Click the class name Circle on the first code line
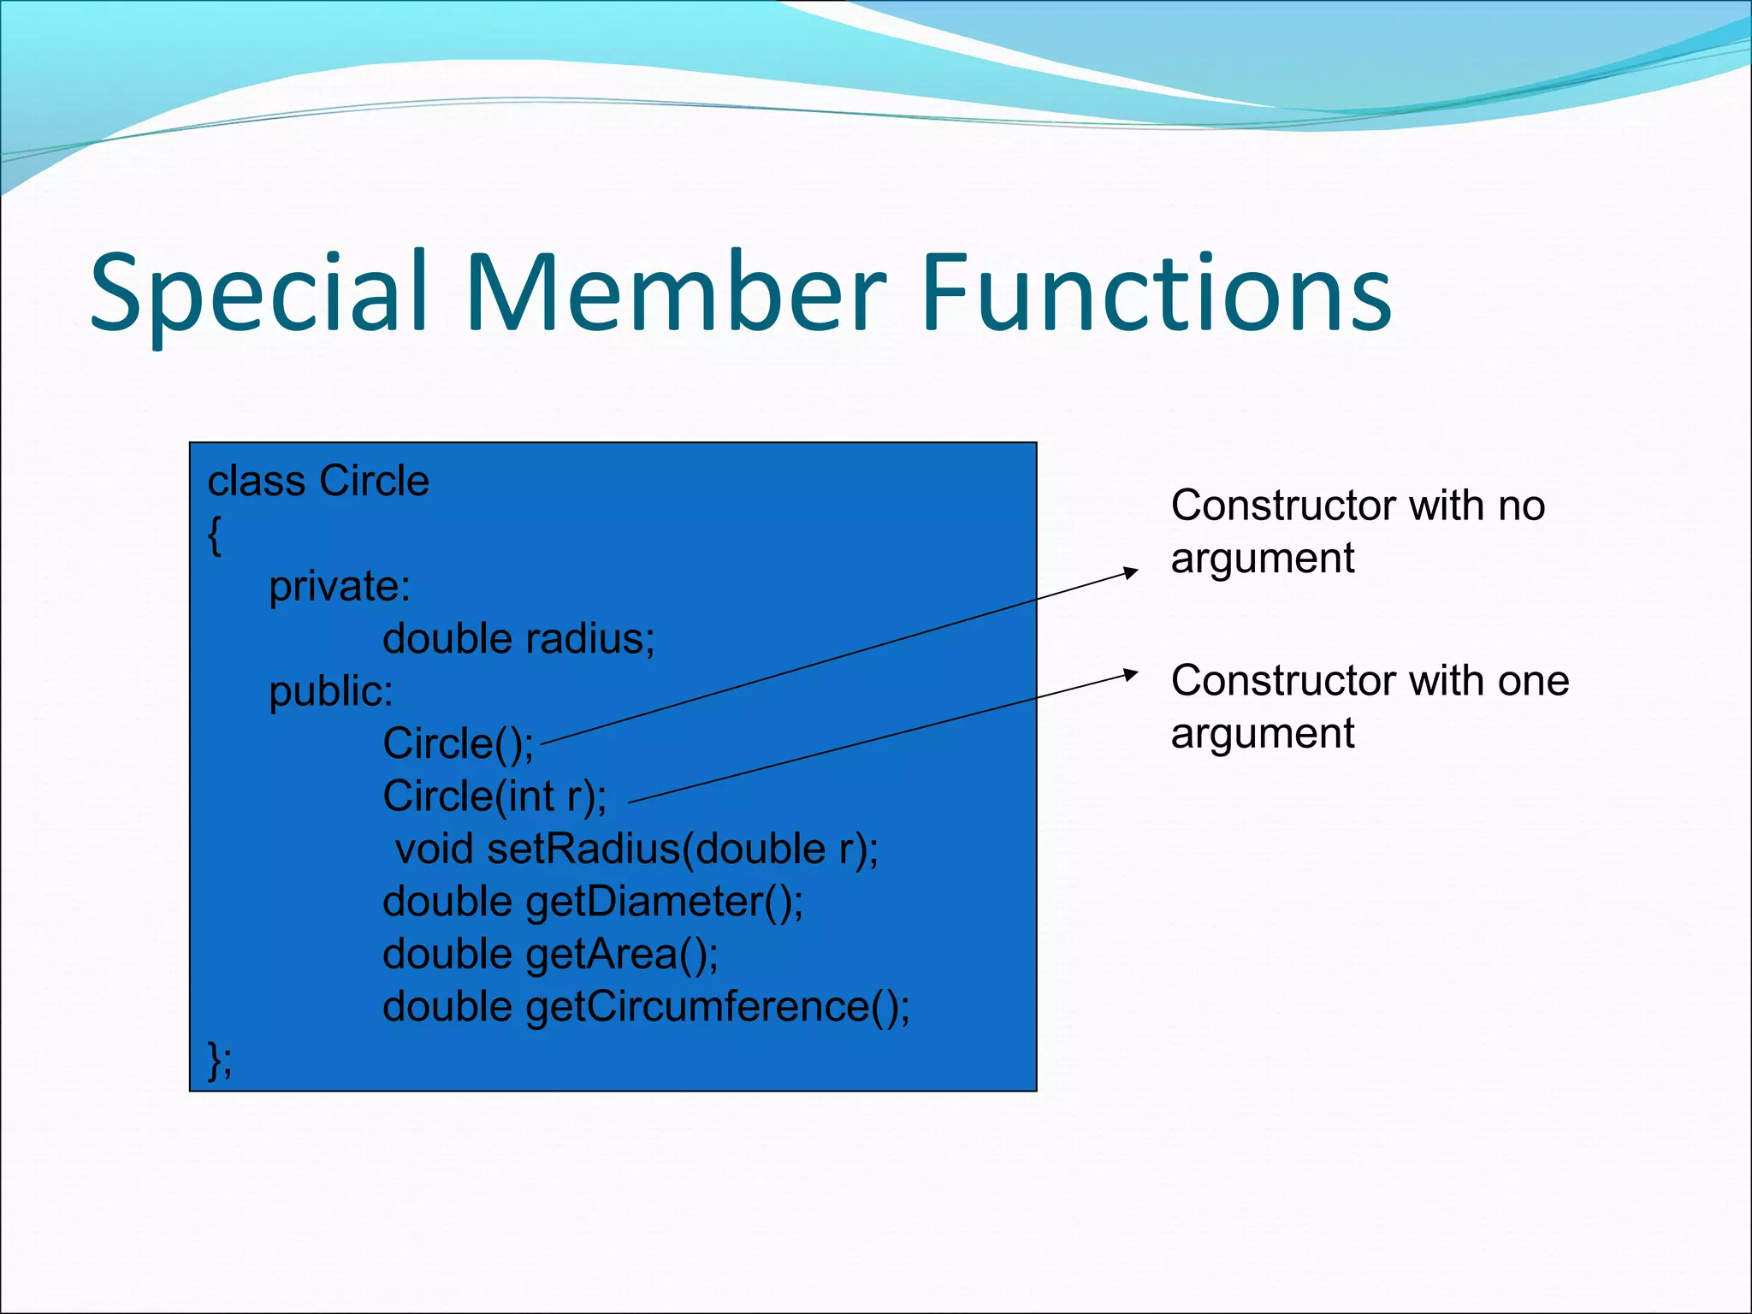click(373, 481)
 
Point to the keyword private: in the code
click(340, 587)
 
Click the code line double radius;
click(518, 639)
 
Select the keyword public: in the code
click(331, 691)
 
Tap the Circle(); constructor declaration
click(458, 744)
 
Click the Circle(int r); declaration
click(494, 796)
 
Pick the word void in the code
click(435, 849)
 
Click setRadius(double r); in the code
click(683, 849)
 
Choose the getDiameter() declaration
click(664, 902)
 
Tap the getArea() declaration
click(622, 955)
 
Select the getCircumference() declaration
click(717, 1007)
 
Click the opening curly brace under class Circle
click(215, 536)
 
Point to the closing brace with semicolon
click(220, 1061)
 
